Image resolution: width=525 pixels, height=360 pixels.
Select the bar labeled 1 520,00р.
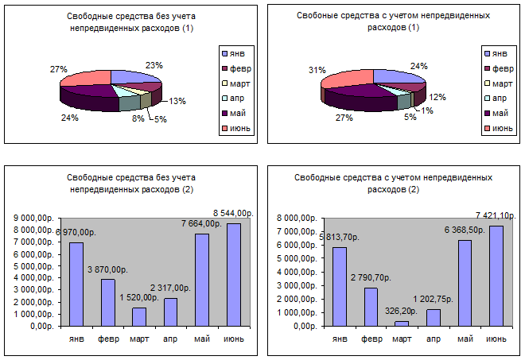139,316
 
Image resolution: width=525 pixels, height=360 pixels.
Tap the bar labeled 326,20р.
402,323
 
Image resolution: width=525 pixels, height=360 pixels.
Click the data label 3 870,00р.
109,270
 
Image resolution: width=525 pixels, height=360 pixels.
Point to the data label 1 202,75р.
433,300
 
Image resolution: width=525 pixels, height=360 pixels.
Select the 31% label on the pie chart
317,70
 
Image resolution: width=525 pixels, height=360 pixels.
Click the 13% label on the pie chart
178,101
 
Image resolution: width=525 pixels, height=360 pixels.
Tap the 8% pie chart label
138,119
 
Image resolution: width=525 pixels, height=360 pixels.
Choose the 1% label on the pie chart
428,110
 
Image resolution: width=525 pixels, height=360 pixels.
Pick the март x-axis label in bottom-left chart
139,339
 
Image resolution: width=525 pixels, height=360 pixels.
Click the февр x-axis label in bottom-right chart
371,339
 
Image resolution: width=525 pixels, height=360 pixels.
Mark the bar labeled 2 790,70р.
371,306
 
